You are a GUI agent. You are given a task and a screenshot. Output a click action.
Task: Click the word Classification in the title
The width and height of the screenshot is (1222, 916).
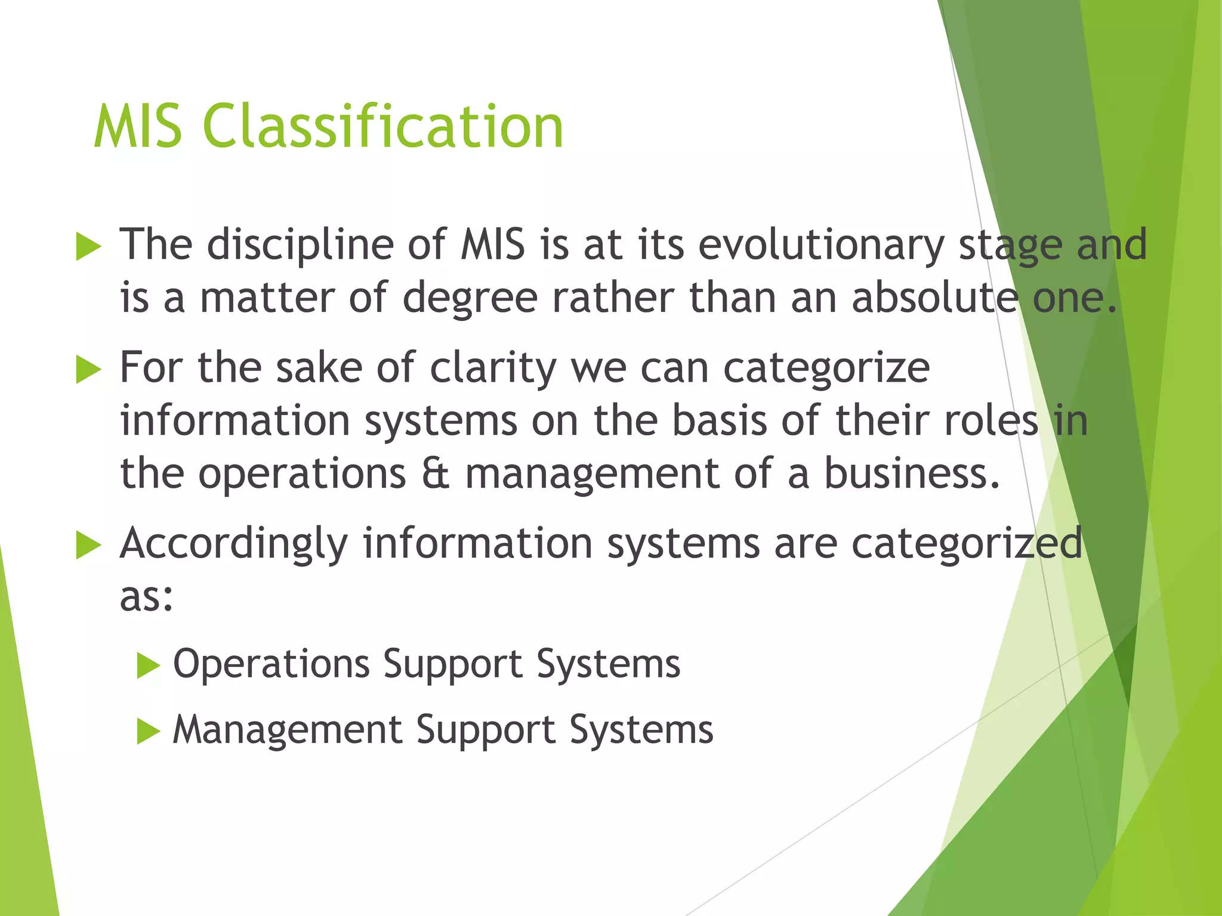pyautogui.click(x=383, y=126)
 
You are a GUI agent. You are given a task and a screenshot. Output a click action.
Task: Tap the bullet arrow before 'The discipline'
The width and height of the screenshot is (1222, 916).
pyautogui.click(x=89, y=247)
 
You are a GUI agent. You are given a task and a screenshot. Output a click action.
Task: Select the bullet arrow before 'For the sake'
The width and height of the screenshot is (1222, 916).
pyautogui.click(x=89, y=370)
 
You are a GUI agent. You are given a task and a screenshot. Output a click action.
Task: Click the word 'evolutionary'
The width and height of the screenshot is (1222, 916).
pyautogui.click(x=821, y=246)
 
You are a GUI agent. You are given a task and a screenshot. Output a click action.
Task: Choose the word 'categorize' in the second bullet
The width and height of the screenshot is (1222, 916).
pyautogui.click(x=826, y=369)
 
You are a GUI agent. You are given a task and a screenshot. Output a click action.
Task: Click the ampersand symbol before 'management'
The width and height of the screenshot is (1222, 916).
pyautogui.click(x=435, y=474)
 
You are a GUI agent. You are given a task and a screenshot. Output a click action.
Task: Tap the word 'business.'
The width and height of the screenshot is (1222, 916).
pyautogui.click(x=912, y=474)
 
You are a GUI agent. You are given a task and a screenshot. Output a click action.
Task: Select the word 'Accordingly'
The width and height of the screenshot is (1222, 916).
pyautogui.click(x=234, y=544)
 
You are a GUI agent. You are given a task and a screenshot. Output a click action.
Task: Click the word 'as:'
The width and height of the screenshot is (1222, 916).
pyautogui.click(x=147, y=597)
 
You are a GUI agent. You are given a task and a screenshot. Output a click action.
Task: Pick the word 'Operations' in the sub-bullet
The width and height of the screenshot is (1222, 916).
pyautogui.click(x=271, y=664)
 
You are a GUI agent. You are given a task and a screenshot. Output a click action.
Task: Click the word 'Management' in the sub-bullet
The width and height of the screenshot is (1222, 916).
pyautogui.click(x=288, y=730)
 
